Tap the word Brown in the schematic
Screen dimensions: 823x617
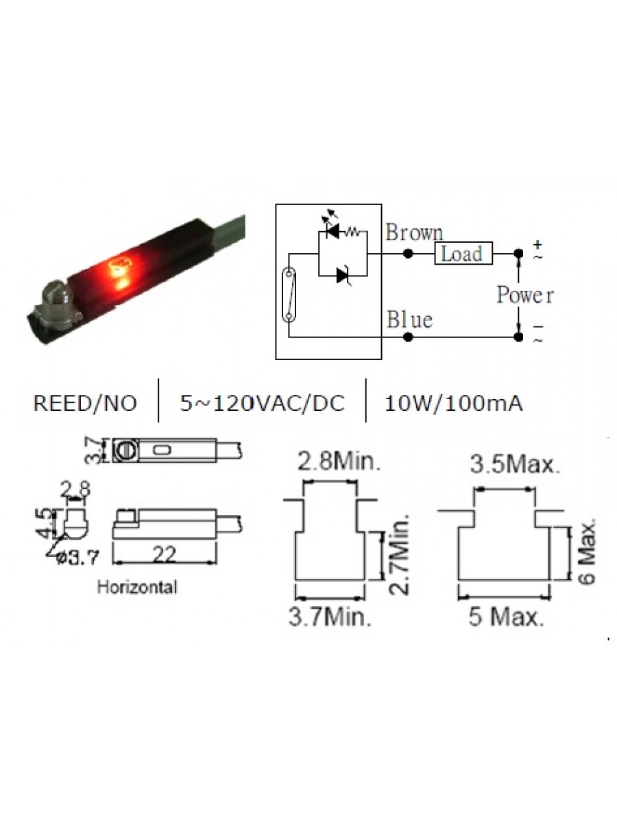(x=414, y=233)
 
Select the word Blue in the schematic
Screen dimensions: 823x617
(x=409, y=320)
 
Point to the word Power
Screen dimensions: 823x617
(x=525, y=296)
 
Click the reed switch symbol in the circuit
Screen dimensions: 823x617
(x=289, y=295)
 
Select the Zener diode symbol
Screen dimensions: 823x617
(x=343, y=276)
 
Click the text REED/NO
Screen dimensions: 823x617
(x=84, y=404)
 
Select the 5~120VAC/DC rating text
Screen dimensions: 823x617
(x=263, y=404)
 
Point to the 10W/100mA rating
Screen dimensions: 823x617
(x=454, y=404)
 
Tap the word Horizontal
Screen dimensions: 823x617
(x=137, y=587)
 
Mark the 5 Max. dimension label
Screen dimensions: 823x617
(x=507, y=618)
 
